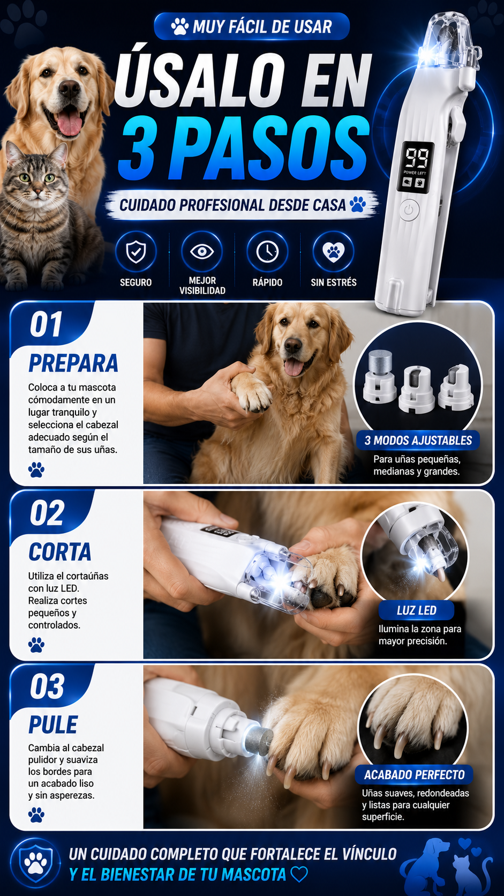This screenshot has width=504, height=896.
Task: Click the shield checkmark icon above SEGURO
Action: tap(136, 252)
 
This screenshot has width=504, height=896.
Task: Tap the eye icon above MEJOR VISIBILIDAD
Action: tap(201, 252)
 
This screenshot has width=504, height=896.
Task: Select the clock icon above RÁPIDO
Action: tap(267, 252)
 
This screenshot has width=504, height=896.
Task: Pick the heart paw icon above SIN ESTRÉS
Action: tap(333, 252)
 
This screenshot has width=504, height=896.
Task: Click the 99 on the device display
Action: tap(417, 158)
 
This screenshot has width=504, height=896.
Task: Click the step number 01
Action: tap(46, 324)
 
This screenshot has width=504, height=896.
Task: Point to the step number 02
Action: tap(47, 513)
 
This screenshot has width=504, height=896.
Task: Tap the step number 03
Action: tap(47, 686)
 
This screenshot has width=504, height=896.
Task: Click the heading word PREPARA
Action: tap(73, 363)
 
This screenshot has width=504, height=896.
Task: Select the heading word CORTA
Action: tap(60, 552)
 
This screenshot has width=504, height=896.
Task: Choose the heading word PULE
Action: tap(53, 725)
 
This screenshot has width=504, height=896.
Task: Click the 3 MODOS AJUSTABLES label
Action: tap(418, 440)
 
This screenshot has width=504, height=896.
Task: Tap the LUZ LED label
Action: tap(417, 610)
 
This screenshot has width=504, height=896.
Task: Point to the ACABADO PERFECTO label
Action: tap(414, 775)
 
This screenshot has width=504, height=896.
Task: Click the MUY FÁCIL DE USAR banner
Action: tap(252, 26)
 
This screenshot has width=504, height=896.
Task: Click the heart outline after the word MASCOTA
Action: tap(299, 874)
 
